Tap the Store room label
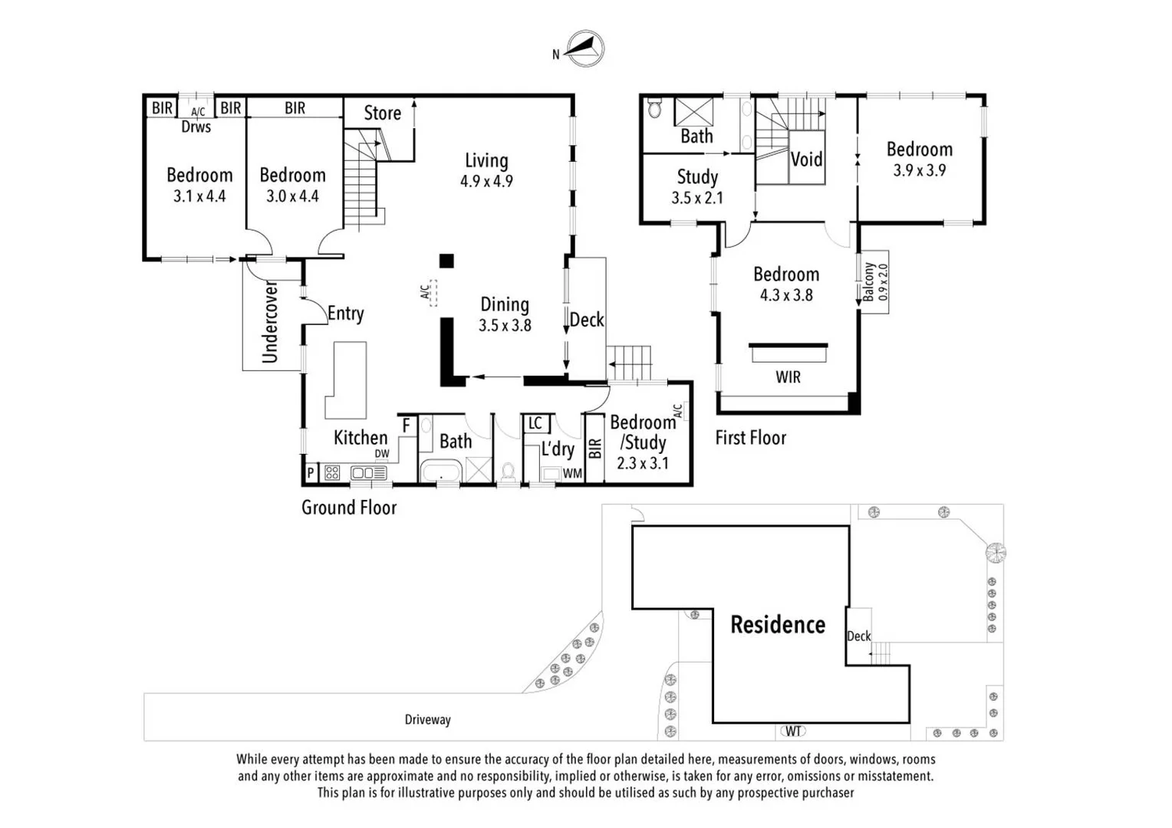(383, 113)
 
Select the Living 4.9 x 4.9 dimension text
(486, 181)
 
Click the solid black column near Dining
(446, 261)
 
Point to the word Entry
(345, 314)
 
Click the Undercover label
(269, 322)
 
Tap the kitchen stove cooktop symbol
(332, 473)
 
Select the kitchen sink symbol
(369, 473)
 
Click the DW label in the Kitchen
(382, 454)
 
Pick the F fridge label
(407, 426)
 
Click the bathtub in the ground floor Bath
(440, 472)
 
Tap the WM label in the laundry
(572, 473)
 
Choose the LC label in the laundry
(535, 423)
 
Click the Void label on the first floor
(806, 159)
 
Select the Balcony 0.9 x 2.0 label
(875, 282)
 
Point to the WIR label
(788, 377)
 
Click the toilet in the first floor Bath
(654, 108)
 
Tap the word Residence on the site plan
(778, 625)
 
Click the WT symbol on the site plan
(793, 731)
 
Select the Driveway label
(427, 720)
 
